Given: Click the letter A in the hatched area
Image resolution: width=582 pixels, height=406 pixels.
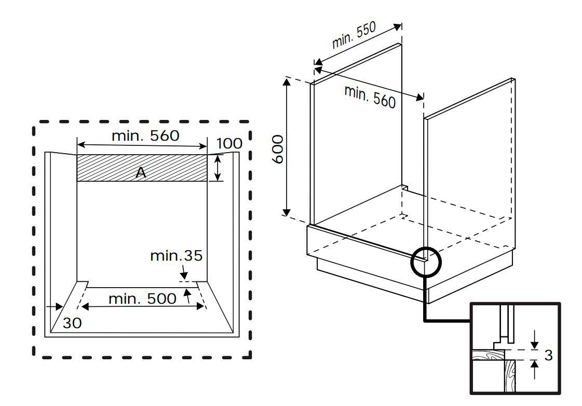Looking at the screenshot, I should pyautogui.click(x=141, y=173).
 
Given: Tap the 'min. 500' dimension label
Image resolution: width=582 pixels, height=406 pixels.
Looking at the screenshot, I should pyautogui.click(x=142, y=299).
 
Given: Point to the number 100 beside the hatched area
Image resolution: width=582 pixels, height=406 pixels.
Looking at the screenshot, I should pyautogui.click(x=229, y=144).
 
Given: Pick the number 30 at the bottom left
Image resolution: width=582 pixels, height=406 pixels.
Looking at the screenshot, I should pyautogui.click(x=72, y=323).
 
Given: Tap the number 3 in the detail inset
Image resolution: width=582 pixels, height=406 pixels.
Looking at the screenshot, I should pyautogui.click(x=548, y=356).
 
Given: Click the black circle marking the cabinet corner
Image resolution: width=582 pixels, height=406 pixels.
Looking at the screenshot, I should pyautogui.click(x=425, y=260).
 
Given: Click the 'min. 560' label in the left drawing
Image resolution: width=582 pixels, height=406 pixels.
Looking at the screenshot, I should pyautogui.click(x=145, y=136).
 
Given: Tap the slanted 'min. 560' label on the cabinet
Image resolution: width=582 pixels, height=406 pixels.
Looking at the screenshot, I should pyautogui.click(x=370, y=97).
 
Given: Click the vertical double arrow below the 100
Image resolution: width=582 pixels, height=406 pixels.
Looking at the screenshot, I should pyautogui.click(x=219, y=168).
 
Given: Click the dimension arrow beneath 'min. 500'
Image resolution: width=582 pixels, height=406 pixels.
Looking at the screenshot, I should pyautogui.click(x=143, y=307).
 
